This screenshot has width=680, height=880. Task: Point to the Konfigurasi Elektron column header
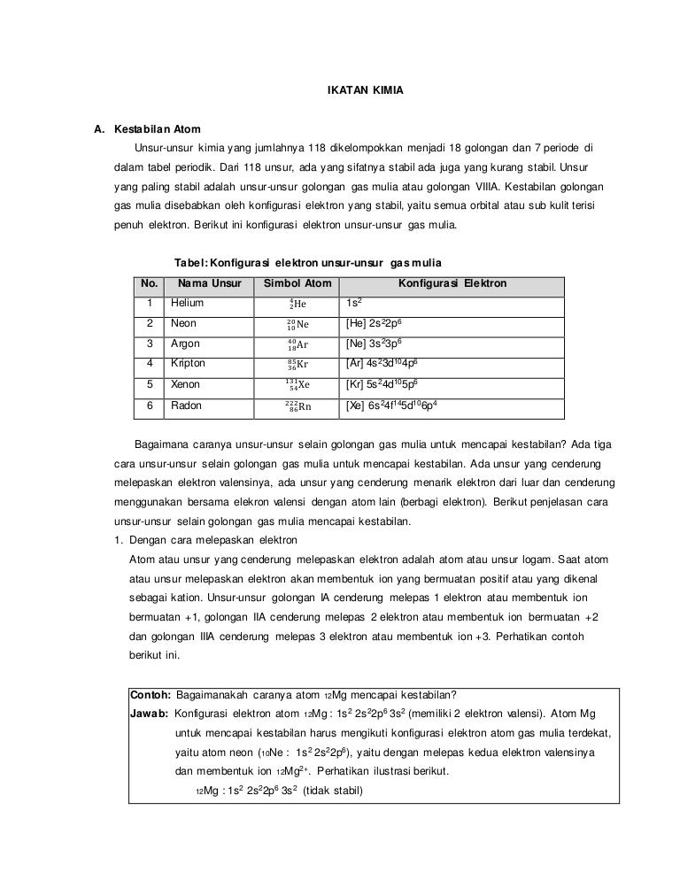pyautogui.click(x=452, y=284)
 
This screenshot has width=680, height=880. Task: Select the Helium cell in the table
pyautogui.click(x=187, y=304)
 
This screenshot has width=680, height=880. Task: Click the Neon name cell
pyautogui.click(x=183, y=324)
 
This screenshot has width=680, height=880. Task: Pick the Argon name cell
pyautogui.click(x=185, y=344)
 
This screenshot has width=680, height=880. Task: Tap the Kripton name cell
pyautogui.click(x=188, y=364)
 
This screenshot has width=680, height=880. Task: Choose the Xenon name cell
pyautogui.click(x=185, y=385)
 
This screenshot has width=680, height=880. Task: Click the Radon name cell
pyautogui.click(x=186, y=405)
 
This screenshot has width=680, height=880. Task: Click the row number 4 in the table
pyautogui.click(x=150, y=364)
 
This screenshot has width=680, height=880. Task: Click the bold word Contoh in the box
pyautogui.click(x=150, y=693)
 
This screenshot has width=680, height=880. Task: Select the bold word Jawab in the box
pyautogui.click(x=151, y=714)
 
